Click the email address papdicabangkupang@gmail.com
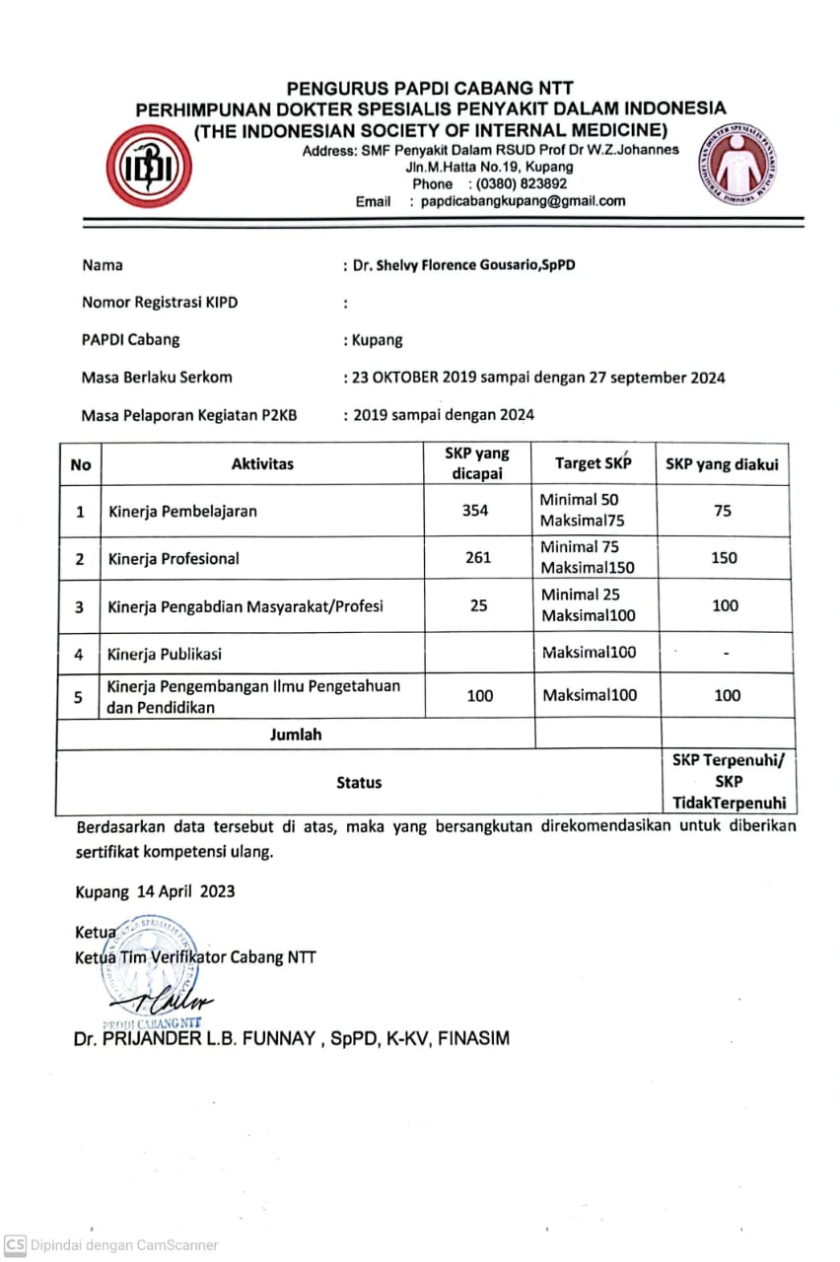click(523, 201)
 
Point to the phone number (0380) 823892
click(521, 183)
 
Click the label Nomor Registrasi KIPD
click(160, 303)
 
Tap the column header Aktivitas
click(262, 463)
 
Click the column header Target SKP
click(593, 463)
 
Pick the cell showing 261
click(478, 558)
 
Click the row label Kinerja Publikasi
click(165, 653)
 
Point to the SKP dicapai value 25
click(478, 605)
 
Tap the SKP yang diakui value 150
click(724, 558)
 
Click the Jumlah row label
click(296, 735)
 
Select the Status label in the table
click(359, 782)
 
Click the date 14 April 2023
click(185, 891)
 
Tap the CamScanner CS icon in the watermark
click(15, 1245)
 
